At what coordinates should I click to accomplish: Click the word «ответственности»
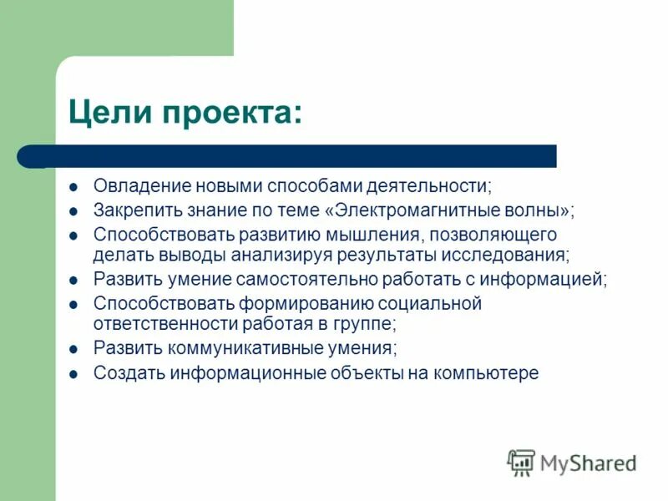160,323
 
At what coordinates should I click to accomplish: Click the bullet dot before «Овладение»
74,186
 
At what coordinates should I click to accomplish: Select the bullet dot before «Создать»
74,373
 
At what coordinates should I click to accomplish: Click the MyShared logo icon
520,463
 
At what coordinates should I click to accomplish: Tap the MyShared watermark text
588,463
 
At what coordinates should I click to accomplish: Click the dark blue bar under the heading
292,156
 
